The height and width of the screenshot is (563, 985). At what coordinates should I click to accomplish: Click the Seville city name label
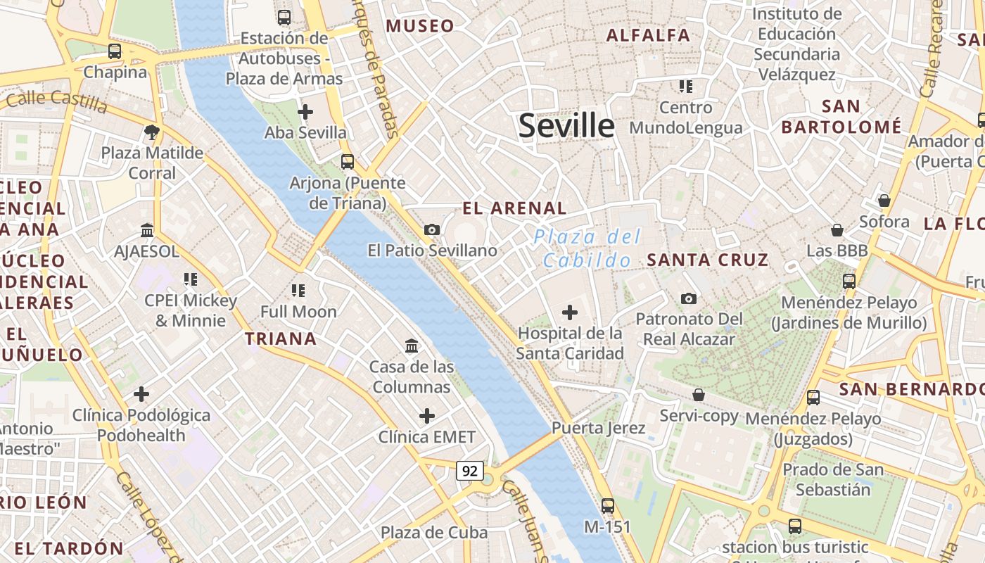pos(566,125)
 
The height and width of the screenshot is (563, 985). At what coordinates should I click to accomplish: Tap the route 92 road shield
pos(469,470)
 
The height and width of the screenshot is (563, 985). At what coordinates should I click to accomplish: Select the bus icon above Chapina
pos(115,51)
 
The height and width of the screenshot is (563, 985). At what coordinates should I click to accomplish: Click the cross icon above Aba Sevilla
pos(305,111)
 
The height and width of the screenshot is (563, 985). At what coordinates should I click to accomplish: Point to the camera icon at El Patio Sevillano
pos(432,229)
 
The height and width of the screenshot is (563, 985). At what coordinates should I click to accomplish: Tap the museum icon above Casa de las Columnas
pos(412,346)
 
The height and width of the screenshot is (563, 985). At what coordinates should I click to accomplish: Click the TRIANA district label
pos(281,339)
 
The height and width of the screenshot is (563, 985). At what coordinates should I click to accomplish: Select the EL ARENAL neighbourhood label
pos(514,208)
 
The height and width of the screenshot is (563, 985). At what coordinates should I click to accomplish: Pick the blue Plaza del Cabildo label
pos(587,248)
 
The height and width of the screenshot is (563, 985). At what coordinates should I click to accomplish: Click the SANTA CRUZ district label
pos(708,260)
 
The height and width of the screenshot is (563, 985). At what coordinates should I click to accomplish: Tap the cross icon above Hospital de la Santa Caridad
pos(570,312)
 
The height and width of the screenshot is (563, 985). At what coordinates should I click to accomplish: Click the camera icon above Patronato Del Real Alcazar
pos(689,298)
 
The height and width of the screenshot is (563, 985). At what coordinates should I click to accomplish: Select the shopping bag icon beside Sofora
pos(884,201)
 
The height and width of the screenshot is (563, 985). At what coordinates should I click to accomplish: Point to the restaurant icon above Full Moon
pos(298,290)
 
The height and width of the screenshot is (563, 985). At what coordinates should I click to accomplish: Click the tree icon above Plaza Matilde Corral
pos(151,131)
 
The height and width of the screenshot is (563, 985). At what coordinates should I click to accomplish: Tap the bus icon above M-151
pos(608,505)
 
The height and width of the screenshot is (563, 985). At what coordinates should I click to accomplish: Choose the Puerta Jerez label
pos(598,428)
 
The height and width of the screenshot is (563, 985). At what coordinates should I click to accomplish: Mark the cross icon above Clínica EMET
pos(427,416)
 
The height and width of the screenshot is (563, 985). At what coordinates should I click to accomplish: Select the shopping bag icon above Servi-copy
pos(699,395)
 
